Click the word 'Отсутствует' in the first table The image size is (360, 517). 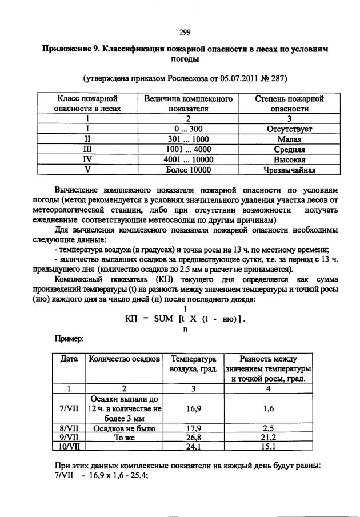coord(289,129)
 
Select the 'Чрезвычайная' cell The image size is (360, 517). coord(289,170)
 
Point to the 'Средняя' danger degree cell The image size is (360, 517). coord(289,149)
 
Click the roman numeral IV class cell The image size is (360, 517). coord(88,159)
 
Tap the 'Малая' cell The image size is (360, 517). coord(289,139)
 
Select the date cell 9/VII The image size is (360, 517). coord(69,436)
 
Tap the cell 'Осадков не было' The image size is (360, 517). coord(123,427)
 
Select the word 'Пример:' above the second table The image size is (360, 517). coord(69,339)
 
